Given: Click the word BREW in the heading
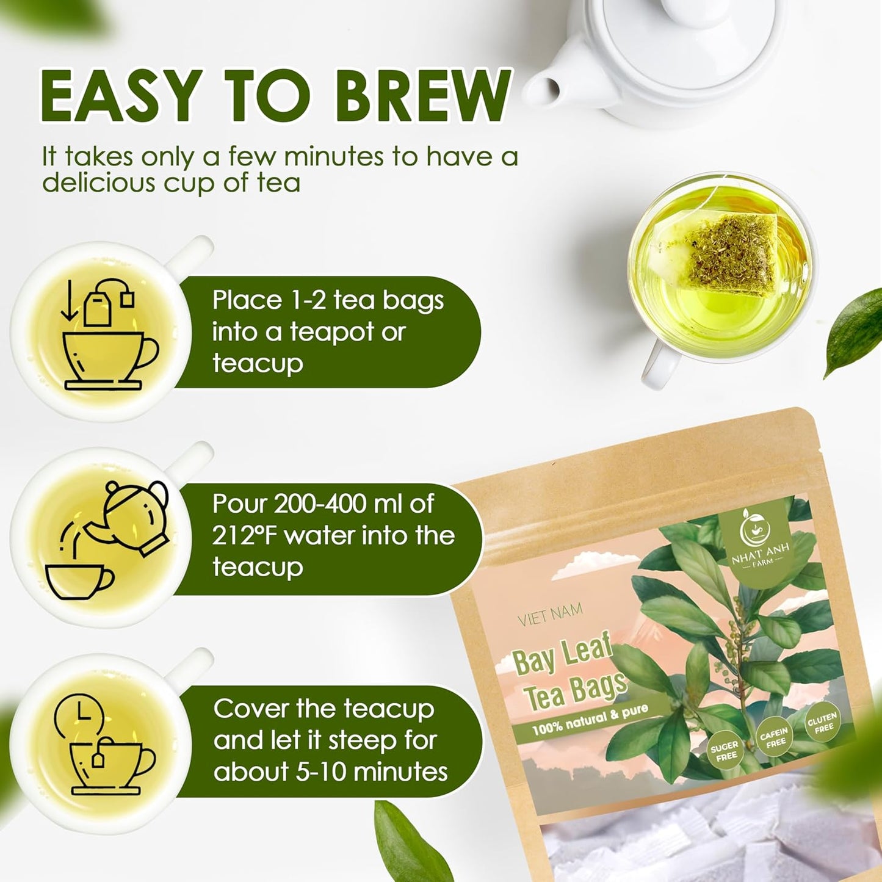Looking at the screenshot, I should click(424, 96).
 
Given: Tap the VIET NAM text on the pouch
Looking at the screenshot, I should click(549, 615).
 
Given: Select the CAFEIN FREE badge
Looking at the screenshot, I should click(774, 737).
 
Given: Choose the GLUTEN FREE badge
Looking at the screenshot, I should click(822, 723).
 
